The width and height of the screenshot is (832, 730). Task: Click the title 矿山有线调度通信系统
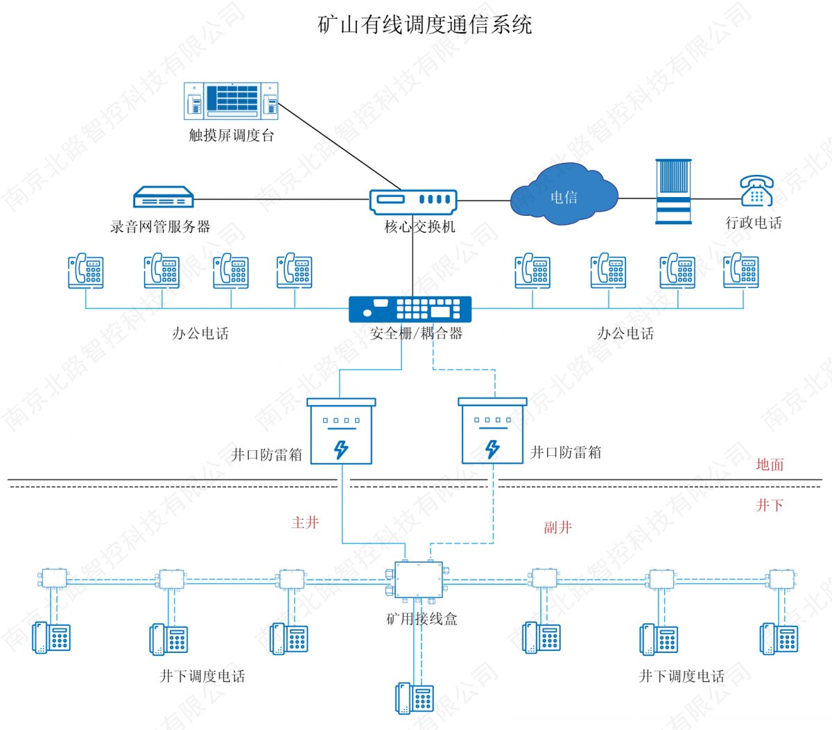click(x=424, y=25)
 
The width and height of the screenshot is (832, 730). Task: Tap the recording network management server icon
click(x=162, y=198)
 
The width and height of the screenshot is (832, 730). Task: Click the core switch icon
click(x=413, y=201)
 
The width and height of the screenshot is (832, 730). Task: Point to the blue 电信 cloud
click(x=564, y=197)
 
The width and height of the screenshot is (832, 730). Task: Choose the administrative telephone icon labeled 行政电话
click(x=756, y=191)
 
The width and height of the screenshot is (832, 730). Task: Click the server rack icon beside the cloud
click(x=673, y=192)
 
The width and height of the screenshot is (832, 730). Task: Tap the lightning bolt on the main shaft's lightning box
click(x=340, y=450)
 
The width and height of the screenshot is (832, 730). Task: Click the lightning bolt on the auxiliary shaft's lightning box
click(x=492, y=449)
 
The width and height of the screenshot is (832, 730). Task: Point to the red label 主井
click(x=305, y=523)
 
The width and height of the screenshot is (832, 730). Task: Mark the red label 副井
click(x=557, y=527)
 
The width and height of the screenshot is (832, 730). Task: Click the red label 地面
click(x=770, y=464)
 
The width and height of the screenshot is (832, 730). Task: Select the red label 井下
click(x=770, y=505)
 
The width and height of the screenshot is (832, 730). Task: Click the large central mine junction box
click(x=418, y=579)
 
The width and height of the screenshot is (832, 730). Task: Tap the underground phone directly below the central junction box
click(x=415, y=698)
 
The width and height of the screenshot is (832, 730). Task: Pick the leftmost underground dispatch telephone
click(x=52, y=637)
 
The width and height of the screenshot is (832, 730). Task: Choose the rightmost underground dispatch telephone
click(x=779, y=638)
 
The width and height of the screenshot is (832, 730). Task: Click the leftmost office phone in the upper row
click(x=86, y=271)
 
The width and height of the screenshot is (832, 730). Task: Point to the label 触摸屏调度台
click(x=232, y=135)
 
